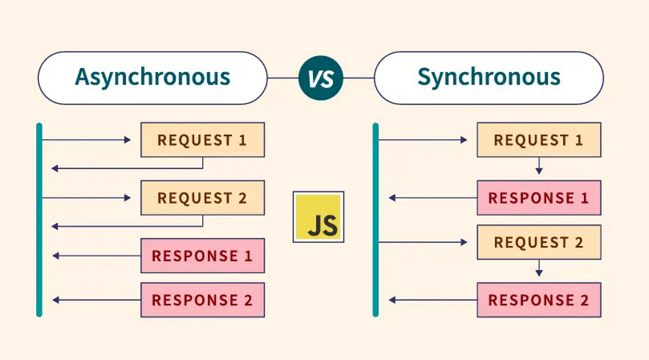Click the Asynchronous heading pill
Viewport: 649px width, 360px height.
152,77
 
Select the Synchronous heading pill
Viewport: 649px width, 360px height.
488,77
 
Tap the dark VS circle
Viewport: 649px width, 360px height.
321,78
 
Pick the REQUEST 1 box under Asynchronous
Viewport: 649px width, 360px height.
202,140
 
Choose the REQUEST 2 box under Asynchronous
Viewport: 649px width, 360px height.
202,197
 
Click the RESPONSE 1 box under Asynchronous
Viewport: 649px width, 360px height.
202,256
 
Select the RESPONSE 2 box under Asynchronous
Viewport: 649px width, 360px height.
202,300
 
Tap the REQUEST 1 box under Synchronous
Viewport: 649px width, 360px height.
539,140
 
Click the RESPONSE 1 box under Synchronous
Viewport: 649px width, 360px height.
539,197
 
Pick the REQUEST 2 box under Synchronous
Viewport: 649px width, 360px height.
539,242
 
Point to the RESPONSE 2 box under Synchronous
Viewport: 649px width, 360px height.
539,300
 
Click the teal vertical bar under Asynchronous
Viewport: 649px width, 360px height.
39,220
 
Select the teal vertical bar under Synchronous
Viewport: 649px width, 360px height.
376,220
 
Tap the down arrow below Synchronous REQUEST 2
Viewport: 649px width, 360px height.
539,270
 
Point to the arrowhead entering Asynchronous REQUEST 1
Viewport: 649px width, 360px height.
128,140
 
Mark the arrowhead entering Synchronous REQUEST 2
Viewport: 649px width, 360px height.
464,242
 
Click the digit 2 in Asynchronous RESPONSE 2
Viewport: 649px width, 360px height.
248,300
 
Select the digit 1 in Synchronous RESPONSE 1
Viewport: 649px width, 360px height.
584,198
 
